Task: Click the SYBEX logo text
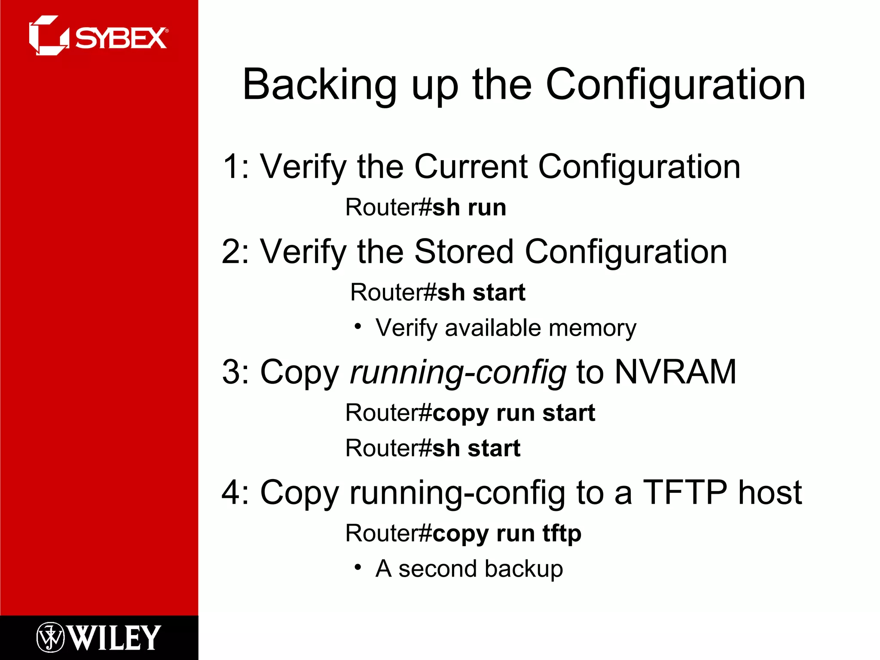[x=121, y=38]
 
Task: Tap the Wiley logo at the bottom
[x=99, y=637]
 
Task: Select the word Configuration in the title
[x=675, y=85]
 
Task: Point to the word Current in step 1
[x=471, y=167]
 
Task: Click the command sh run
[x=469, y=208]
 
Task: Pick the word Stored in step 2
[x=464, y=252]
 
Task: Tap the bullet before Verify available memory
[x=357, y=327]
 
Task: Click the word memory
[x=593, y=328]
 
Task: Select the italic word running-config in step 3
[x=458, y=373]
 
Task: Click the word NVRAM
[x=675, y=372]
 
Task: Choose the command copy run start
[x=513, y=413]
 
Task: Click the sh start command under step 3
[x=476, y=449]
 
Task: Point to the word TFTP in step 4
[x=685, y=492]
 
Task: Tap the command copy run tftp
[x=507, y=534]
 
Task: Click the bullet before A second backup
[x=357, y=568]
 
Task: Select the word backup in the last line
[x=524, y=569]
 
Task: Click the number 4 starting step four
[x=232, y=492]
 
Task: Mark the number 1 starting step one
[x=232, y=167]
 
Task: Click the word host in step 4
[x=770, y=492]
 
